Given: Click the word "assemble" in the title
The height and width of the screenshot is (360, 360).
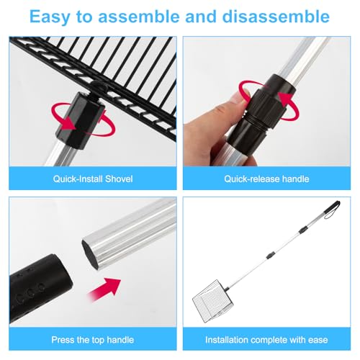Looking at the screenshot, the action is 139,17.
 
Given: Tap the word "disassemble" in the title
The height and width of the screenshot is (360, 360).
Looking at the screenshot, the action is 276,17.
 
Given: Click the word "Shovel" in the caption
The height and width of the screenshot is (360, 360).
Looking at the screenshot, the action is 119,179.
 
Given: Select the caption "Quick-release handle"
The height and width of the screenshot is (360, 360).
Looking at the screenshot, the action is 266,179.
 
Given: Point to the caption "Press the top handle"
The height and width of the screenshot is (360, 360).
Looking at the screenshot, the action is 93,340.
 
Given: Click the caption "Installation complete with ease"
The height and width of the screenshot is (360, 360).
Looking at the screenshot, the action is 266,340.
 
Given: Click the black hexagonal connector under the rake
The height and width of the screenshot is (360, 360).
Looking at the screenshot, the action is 80,120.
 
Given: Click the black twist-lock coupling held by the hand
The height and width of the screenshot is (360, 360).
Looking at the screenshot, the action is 261,115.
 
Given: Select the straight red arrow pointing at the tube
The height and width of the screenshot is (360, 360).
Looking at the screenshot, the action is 104,289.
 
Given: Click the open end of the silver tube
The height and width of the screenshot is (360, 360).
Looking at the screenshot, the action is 90,254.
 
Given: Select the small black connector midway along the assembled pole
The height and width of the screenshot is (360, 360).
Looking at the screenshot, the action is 270,255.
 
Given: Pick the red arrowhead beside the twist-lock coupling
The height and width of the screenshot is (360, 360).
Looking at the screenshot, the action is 286,100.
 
